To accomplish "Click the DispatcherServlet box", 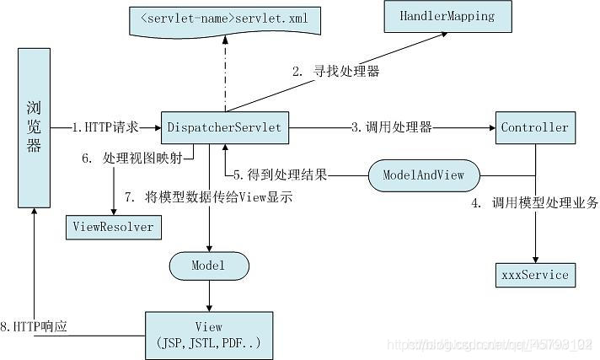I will [224, 127].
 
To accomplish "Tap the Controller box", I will [534, 127].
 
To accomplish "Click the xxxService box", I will [534, 274].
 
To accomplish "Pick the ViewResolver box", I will [112, 227].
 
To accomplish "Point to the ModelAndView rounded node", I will [425, 175].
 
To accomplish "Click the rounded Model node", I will [209, 266].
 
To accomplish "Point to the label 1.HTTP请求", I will [104, 127].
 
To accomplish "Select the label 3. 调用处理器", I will [392, 127].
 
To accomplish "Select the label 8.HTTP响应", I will [35, 325].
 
